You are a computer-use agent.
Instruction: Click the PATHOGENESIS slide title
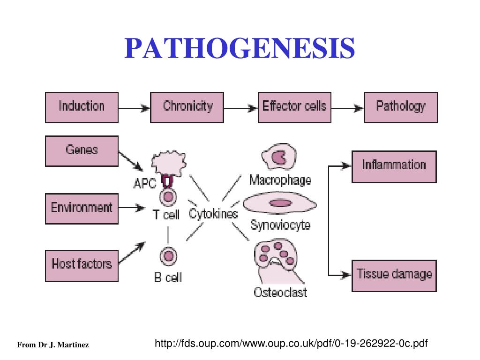[240, 48]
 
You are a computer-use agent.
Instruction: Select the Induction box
[82, 107]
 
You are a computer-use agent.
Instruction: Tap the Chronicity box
[187, 107]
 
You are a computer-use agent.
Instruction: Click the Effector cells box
[294, 107]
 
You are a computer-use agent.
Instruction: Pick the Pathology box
[400, 107]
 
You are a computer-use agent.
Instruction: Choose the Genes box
[82, 151]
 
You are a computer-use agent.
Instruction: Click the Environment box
[82, 208]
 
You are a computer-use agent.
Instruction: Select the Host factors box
[82, 265]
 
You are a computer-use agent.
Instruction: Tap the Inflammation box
[394, 166]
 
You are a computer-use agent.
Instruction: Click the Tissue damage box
[394, 275]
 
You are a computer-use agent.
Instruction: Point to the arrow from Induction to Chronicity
[134, 108]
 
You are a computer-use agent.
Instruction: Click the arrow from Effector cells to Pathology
[347, 108]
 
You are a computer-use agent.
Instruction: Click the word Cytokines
[213, 214]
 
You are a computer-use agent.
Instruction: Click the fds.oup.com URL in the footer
[291, 344]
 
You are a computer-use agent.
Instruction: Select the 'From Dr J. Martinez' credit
[53, 345]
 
